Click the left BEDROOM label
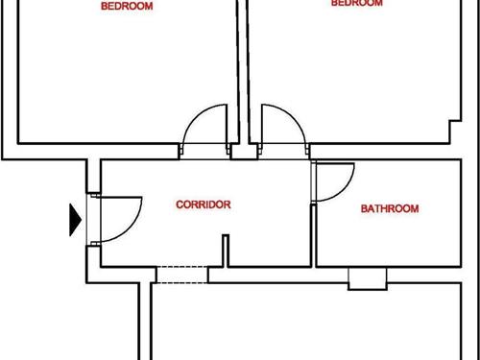pos(128,6)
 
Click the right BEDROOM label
pos(356,4)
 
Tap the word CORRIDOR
pos(203,204)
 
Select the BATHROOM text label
pos(390,208)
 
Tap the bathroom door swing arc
pos(340,180)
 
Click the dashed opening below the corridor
pos(181,275)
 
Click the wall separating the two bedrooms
pos(243,67)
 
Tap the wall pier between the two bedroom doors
pos(243,152)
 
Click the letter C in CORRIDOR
pos(179,204)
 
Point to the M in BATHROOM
pos(415,208)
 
